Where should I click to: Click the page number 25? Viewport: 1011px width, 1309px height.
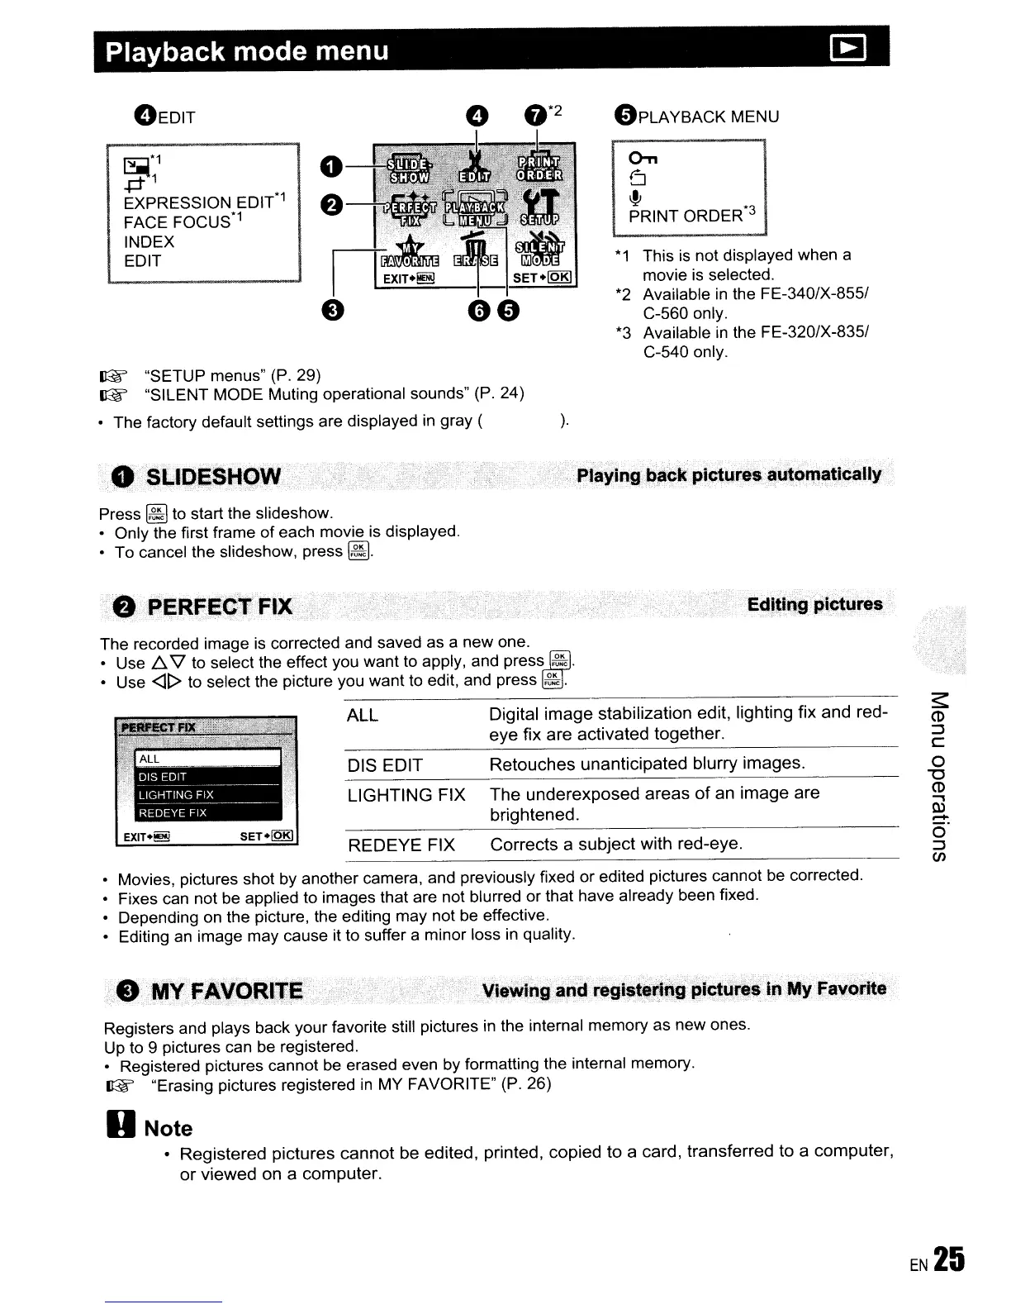(951, 1259)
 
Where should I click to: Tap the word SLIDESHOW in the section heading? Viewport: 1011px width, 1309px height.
(212, 477)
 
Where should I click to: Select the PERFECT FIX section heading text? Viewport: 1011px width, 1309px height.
(219, 607)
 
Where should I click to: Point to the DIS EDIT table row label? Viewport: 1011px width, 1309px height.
(385, 765)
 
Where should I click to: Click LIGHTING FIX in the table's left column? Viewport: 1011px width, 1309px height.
(406, 795)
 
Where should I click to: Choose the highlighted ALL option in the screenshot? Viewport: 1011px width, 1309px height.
(207, 759)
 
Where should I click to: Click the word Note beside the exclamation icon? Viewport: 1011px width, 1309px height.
(168, 1129)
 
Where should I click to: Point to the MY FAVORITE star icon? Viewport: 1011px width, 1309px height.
(408, 248)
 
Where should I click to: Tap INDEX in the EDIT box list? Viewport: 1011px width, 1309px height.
(149, 242)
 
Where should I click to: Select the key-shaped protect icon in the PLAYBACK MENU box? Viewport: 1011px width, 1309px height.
(640, 159)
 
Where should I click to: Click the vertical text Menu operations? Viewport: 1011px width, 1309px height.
(939, 774)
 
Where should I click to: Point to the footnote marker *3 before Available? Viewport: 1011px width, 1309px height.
(624, 333)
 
